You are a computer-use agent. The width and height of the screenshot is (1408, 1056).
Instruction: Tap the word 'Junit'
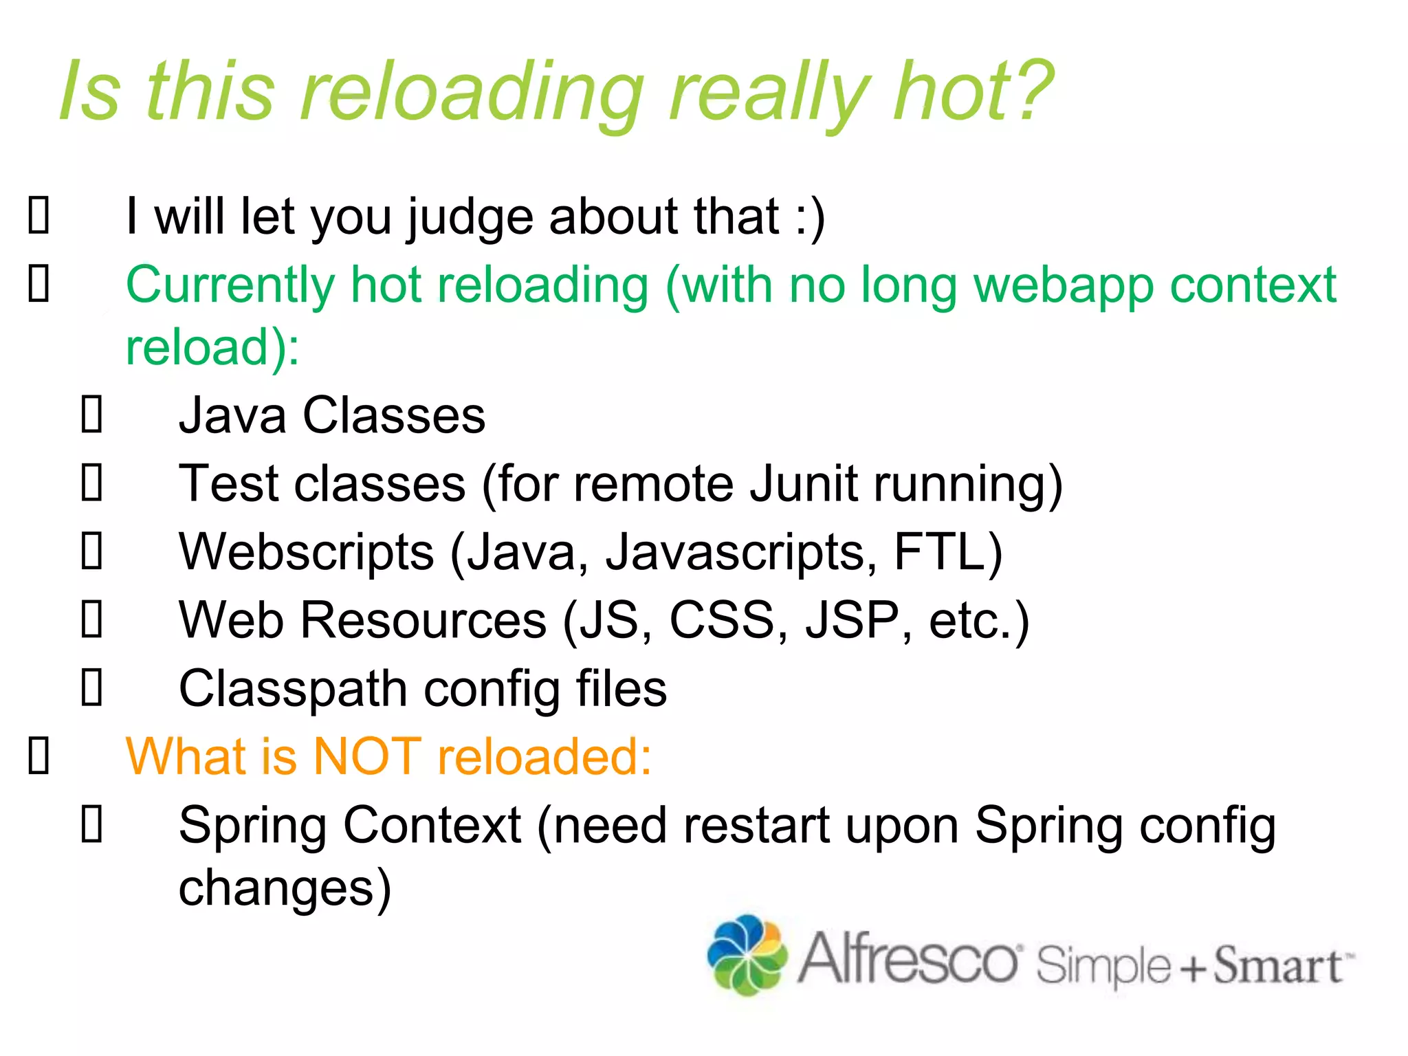[x=803, y=485]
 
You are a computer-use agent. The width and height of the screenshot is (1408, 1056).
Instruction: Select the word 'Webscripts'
[x=306, y=553]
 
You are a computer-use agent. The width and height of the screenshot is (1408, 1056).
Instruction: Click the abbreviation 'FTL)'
[x=948, y=553]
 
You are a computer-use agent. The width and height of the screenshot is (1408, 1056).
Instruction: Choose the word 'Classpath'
[x=293, y=690]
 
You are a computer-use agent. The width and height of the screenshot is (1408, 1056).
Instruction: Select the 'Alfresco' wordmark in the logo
[x=907, y=958]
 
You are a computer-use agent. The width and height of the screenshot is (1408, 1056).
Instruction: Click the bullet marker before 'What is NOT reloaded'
[x=38, y=756]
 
